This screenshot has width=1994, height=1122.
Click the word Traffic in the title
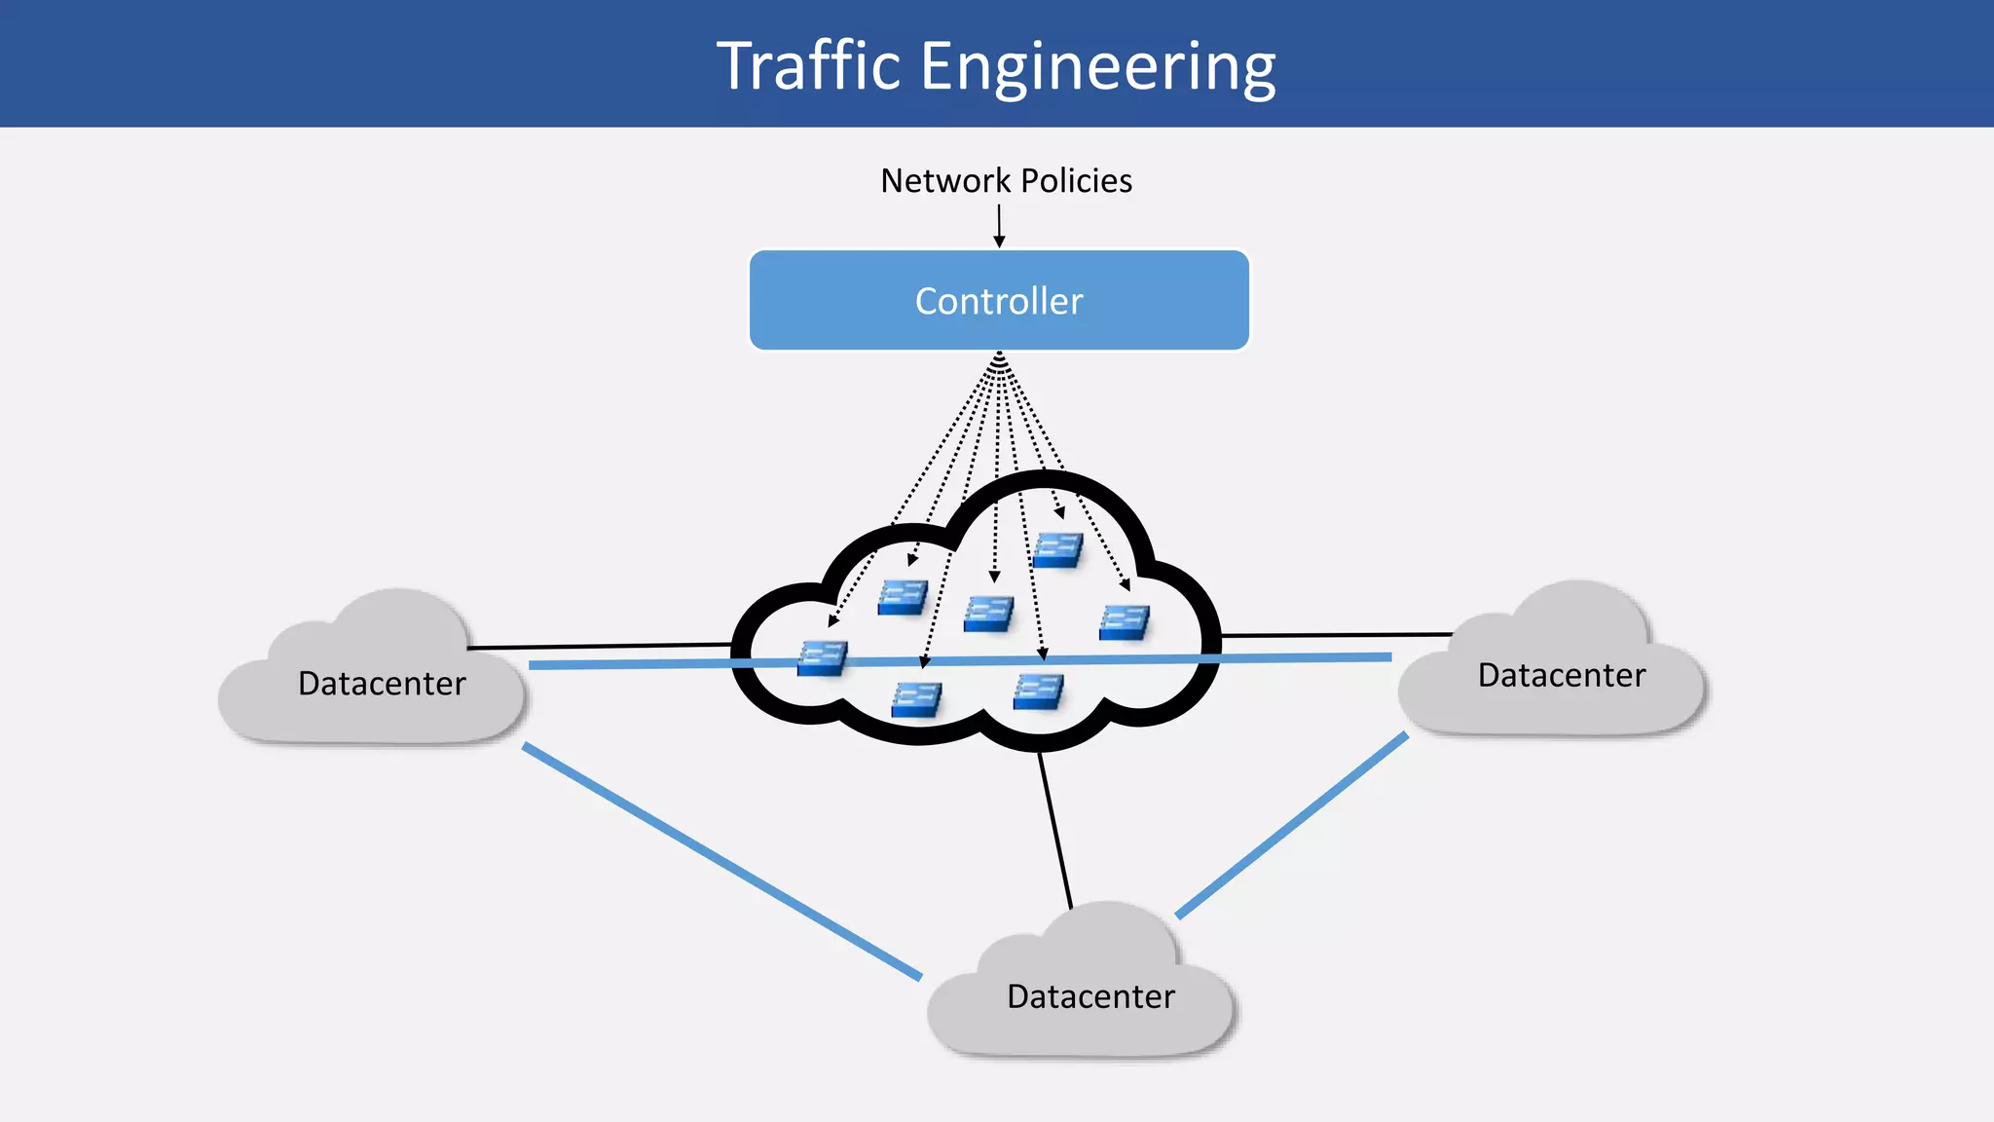coord(808,66)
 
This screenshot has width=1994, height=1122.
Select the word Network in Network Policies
coord(945,180)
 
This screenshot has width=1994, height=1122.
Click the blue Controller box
coord(999,301)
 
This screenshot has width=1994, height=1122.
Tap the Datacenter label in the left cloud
coord(382,684)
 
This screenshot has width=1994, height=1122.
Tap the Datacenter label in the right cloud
coord(1561,675)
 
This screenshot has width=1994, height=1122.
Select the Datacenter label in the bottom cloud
coord(1090,996)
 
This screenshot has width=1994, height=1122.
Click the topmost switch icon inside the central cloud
coord(1057,550)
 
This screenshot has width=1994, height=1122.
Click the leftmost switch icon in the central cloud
coord(823,658)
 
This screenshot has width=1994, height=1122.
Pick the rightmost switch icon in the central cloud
coord(1125,622)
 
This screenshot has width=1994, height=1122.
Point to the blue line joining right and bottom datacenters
coord(1292,826)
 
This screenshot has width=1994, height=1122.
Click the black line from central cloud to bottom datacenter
coord(1055,830)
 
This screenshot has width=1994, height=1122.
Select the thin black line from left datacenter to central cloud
coord(599,646)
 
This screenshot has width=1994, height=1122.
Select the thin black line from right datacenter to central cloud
coord(1336,635)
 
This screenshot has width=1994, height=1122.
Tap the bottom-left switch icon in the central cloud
coord(916,699)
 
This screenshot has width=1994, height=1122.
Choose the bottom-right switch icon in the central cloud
coord(1038,692)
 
